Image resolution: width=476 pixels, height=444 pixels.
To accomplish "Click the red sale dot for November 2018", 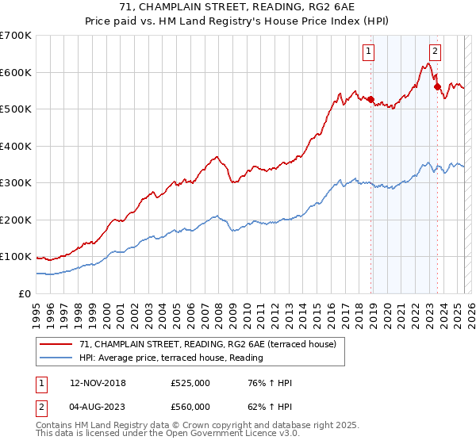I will click(x=370, y=99).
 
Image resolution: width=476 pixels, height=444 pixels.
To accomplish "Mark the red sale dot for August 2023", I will click(x=437, y=86).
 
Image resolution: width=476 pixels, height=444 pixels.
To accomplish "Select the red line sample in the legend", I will click(x=56, y=344).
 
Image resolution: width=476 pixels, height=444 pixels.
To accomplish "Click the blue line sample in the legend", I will click(x=56, y=357).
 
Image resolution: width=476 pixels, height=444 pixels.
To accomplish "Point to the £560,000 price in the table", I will click(x=190, y=407).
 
